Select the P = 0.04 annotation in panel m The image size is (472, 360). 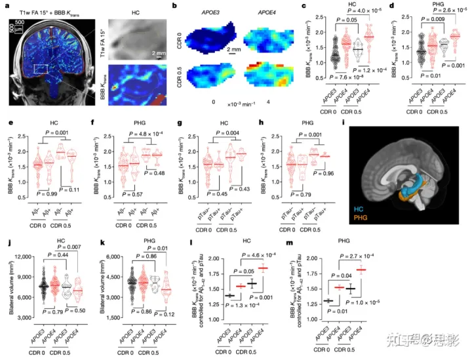(395, 276)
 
